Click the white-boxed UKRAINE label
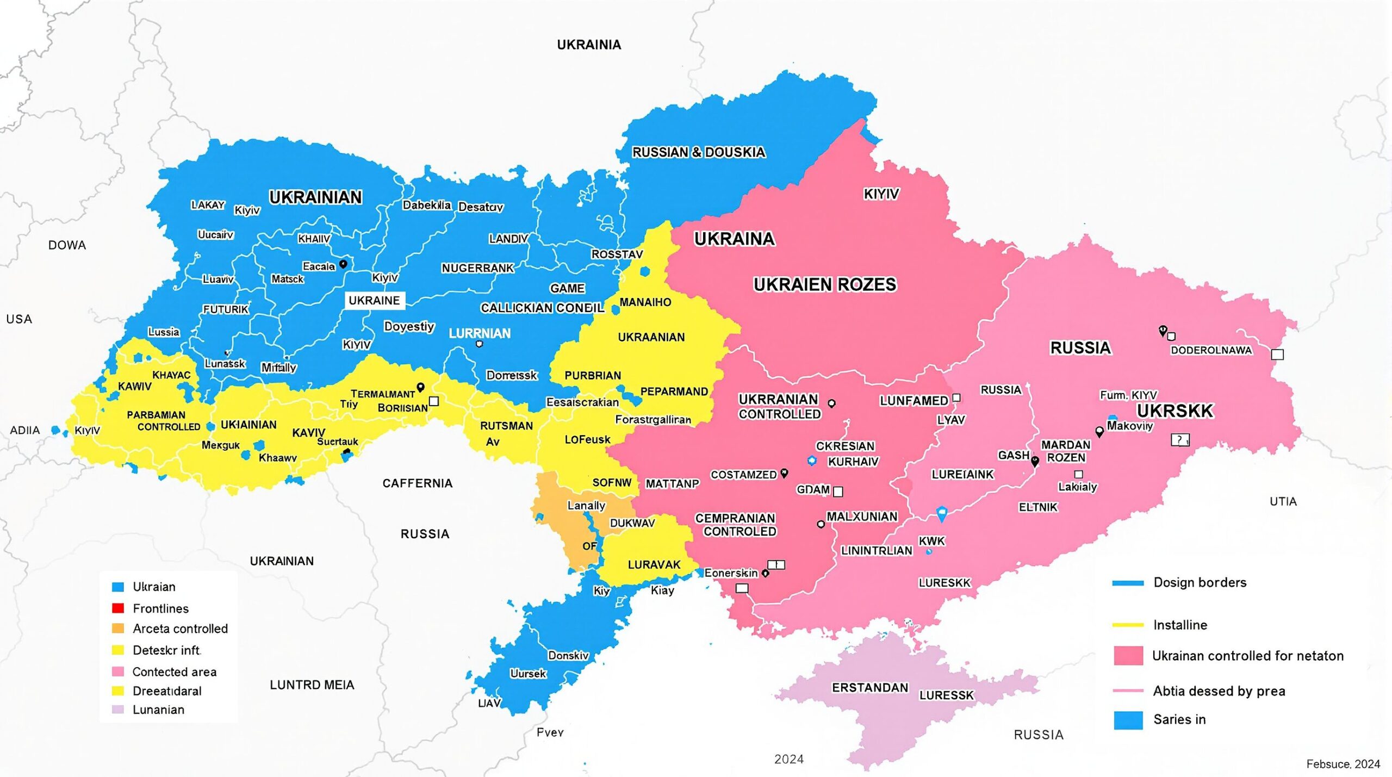click(374, 300)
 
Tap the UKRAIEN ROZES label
click(824, 284)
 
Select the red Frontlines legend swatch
click(117, 608)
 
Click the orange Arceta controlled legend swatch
click(117, 629)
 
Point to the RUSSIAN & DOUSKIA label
click(698, 152)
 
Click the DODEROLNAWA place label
click(1211, 351)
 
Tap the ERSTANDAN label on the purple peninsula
click(869, 688)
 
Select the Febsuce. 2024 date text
click(1343, 764)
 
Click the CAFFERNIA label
click(417, 483)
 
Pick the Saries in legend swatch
click(1128, 720)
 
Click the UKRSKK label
click(1174, 411)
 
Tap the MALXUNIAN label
click(861, 517)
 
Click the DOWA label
click(67, 245)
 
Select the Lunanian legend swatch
click(117, 710)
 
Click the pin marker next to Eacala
click(343, 264)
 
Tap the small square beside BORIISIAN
click(434, 401)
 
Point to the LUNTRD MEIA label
click(312, 685)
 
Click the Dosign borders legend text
click(1200, 582)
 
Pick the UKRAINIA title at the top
click(588, 45)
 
